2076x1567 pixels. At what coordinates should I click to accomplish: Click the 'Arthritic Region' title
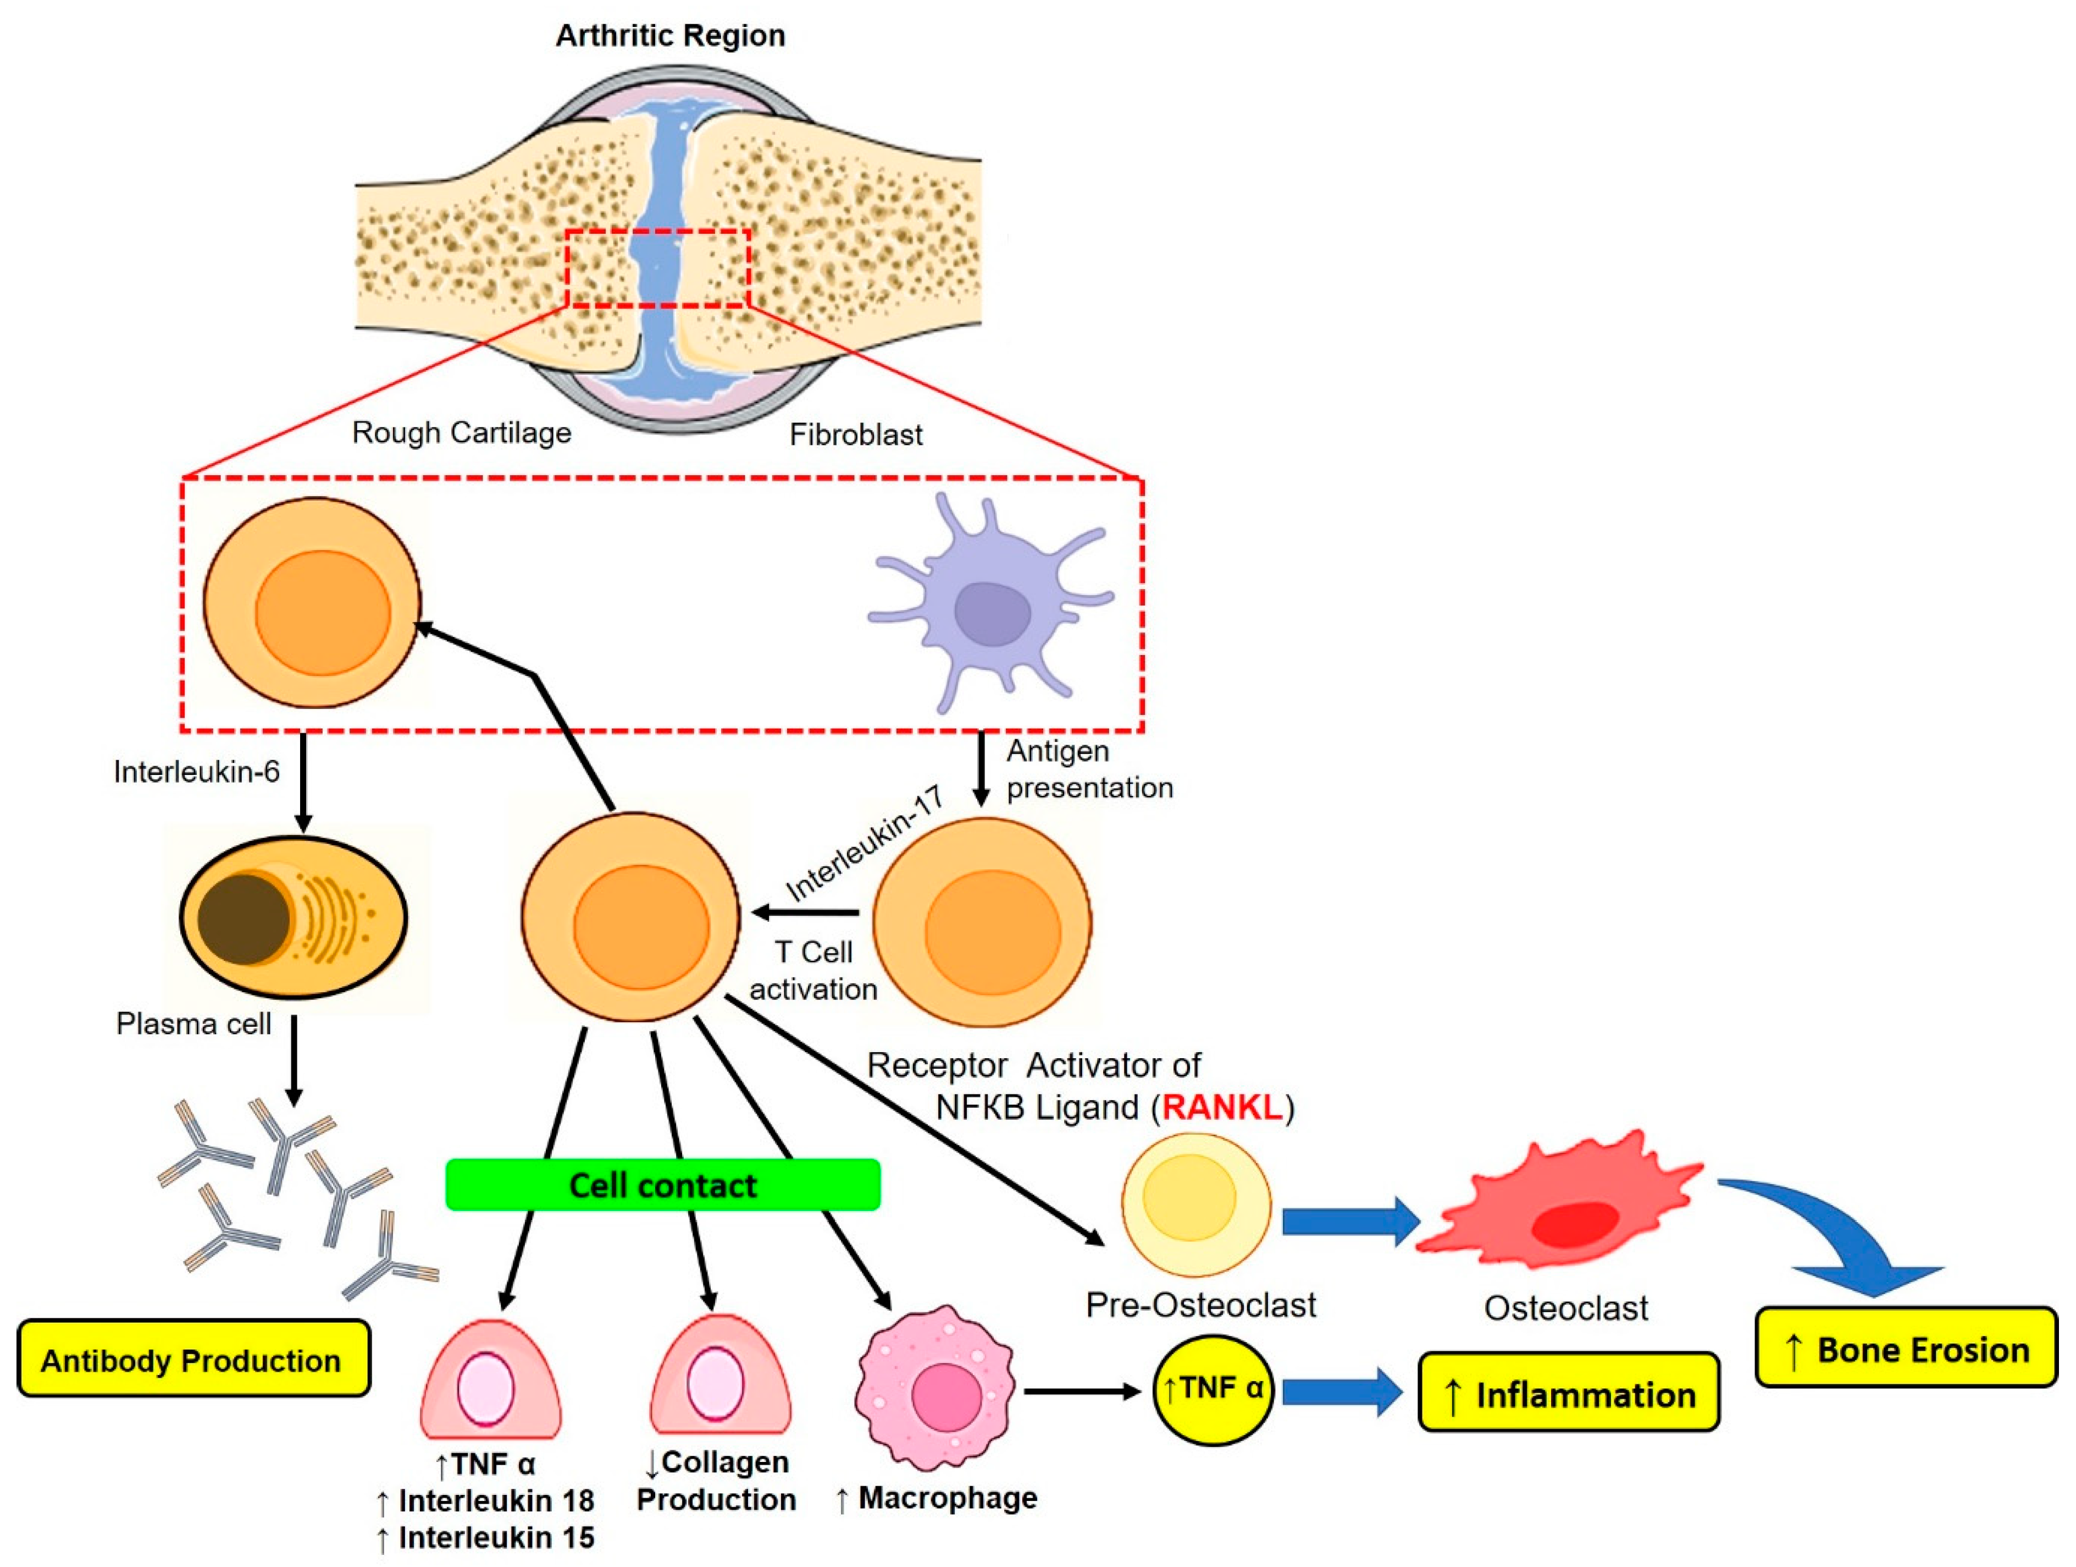670,36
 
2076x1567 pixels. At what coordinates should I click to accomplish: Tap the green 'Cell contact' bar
662,1185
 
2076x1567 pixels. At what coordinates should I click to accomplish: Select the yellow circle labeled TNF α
1213,1390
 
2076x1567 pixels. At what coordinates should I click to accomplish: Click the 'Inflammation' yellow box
1568,1394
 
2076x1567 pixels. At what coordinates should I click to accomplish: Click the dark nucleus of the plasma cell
243,919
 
